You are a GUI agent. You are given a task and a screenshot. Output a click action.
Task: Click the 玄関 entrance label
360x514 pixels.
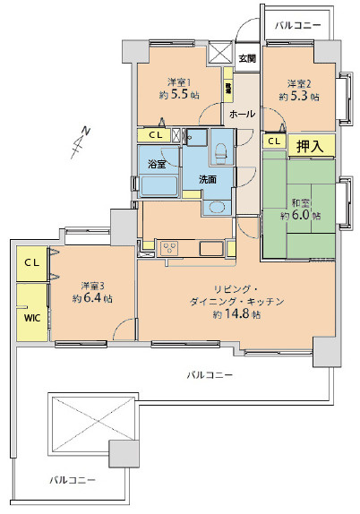coord(247,58)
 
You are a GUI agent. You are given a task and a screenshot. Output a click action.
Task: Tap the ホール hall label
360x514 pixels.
coord(242,115)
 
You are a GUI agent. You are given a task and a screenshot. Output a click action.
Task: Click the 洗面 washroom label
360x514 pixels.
coord(208,178)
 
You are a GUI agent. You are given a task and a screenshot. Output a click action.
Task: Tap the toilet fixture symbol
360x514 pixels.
coord(221,152)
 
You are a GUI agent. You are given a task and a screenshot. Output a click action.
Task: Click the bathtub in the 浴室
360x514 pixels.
coord(159,185)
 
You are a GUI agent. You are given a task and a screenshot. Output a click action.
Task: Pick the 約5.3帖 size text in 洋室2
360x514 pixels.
coord(298,96)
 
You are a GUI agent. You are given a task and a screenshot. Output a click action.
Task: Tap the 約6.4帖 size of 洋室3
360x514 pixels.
coord(91,299)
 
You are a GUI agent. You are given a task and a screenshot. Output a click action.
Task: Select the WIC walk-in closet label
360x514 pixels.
coord(30,316)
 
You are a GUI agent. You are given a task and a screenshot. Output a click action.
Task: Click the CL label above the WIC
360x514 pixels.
coord(30,262)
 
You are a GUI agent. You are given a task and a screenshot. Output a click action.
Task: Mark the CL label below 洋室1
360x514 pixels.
coord(156,135)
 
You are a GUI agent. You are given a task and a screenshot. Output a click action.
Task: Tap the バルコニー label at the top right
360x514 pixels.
coord(297,26)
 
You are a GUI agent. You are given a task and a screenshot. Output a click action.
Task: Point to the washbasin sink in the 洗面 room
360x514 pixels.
coord(214,207)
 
